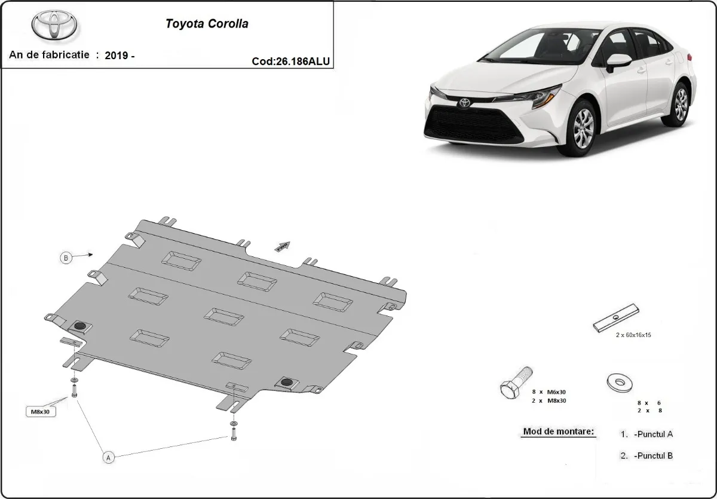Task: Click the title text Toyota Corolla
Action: tap(207, 25)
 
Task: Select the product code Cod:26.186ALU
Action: tap(291, 61)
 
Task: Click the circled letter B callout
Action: tap(66, 258)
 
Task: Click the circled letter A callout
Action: tap(108, 457)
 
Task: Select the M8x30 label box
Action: tap(41, 412)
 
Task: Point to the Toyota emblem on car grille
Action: tap(464, 103)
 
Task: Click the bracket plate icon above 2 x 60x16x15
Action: tap(616, 319)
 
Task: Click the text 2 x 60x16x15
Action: tap(633, 335)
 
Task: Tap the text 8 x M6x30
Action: tap(549, 391)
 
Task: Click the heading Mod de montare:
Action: tap(559, 431)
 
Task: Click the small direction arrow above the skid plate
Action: tap(283, 245)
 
